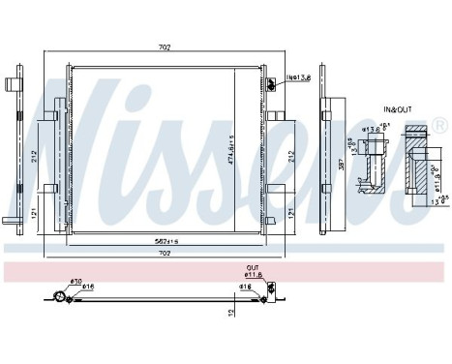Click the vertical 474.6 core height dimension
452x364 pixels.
coord(229,150)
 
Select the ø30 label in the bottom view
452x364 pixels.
coord(75,282)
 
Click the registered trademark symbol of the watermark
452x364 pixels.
coord(439,125)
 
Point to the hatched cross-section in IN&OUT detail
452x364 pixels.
coord(417,160)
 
